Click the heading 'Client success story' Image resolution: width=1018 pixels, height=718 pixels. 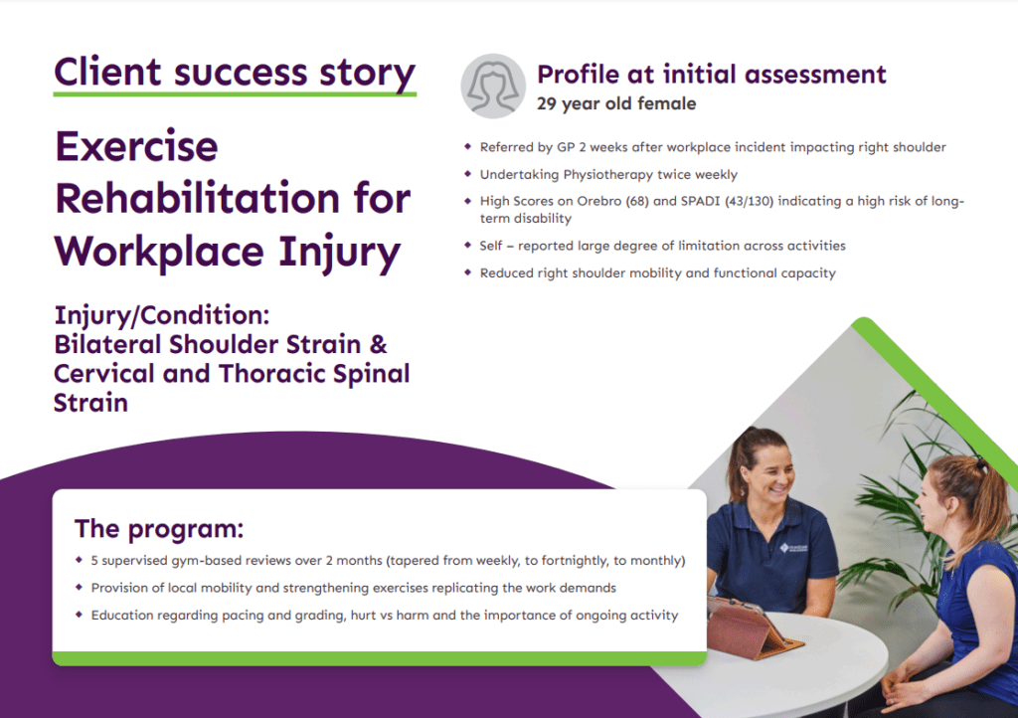coord(235,73)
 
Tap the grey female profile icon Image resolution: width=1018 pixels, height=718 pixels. coord(492,87)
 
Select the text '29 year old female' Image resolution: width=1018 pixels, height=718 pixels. coord(615,103)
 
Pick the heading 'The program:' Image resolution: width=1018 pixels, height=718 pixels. coord(158,528)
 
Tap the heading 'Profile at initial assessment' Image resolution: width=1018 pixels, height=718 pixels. coord(711,74)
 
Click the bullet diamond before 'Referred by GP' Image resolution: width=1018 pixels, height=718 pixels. coord(467,147)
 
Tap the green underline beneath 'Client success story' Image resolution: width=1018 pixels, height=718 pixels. coord(235,93)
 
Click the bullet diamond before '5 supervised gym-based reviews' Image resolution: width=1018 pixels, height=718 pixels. coord(80,560)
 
